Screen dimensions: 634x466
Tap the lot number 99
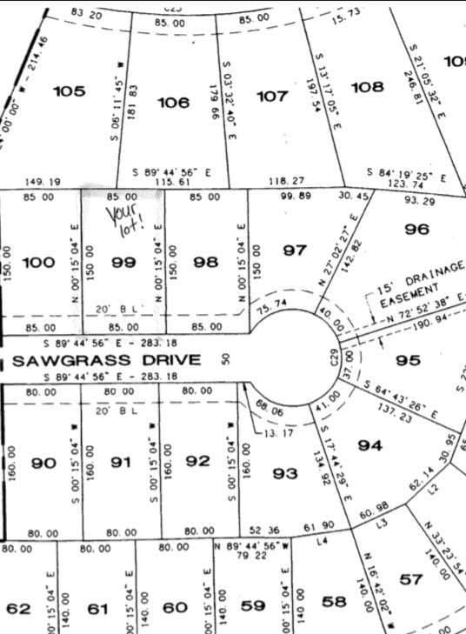click(x=122, y=261)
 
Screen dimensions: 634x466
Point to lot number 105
click(x=69, y=91)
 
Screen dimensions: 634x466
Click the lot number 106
click(x=173, y=103)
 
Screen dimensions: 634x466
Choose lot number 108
click(x=367, y=86)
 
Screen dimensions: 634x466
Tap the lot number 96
click(x=417, y=229)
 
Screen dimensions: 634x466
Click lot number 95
click(x=407, y=360)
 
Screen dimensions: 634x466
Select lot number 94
click(x=370, y=445)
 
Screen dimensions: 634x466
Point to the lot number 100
click(x=37, y=261)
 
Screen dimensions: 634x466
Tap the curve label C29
click(x=333, y=356)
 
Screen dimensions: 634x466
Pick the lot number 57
click(x=411, y=578)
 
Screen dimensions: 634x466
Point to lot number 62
click(x=18, y=608)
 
